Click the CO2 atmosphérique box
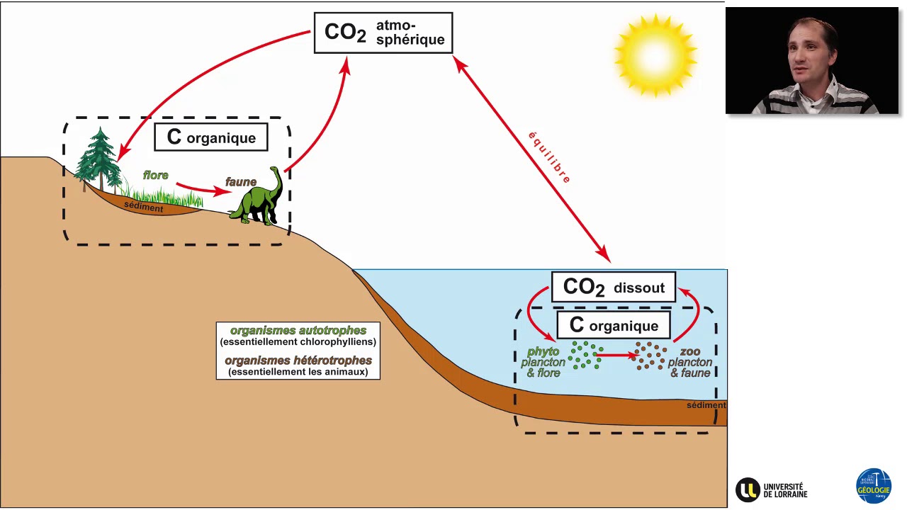[383, 33]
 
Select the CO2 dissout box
[614, 288]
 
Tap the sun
[655, 55]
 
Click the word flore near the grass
[156, 175]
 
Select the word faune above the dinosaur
[241, 182]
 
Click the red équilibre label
[549, 157]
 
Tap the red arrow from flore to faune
[203, 190]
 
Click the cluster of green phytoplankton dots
[585, 355]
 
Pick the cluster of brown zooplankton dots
[650, 355]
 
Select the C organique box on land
[211, 137]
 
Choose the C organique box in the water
[614, 326]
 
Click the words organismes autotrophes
[298, 331]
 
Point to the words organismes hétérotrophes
[298, 361]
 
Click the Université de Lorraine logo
[772, 489]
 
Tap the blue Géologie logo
[874, 486]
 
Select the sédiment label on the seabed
[706, 405]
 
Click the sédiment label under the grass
[144, 208]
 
